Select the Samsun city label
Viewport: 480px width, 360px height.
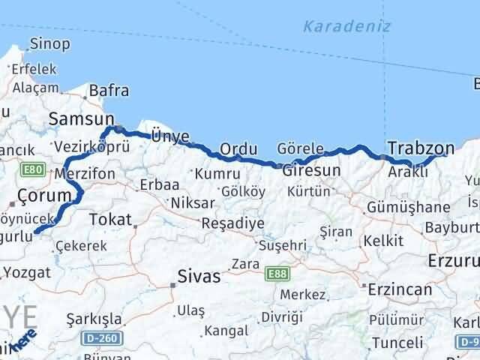point(81,118)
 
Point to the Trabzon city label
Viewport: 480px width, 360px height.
point(421,147)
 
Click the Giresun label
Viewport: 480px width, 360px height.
point(311,170)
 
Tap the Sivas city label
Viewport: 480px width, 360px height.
point(199,277)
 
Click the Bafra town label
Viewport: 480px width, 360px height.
point(109,91)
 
